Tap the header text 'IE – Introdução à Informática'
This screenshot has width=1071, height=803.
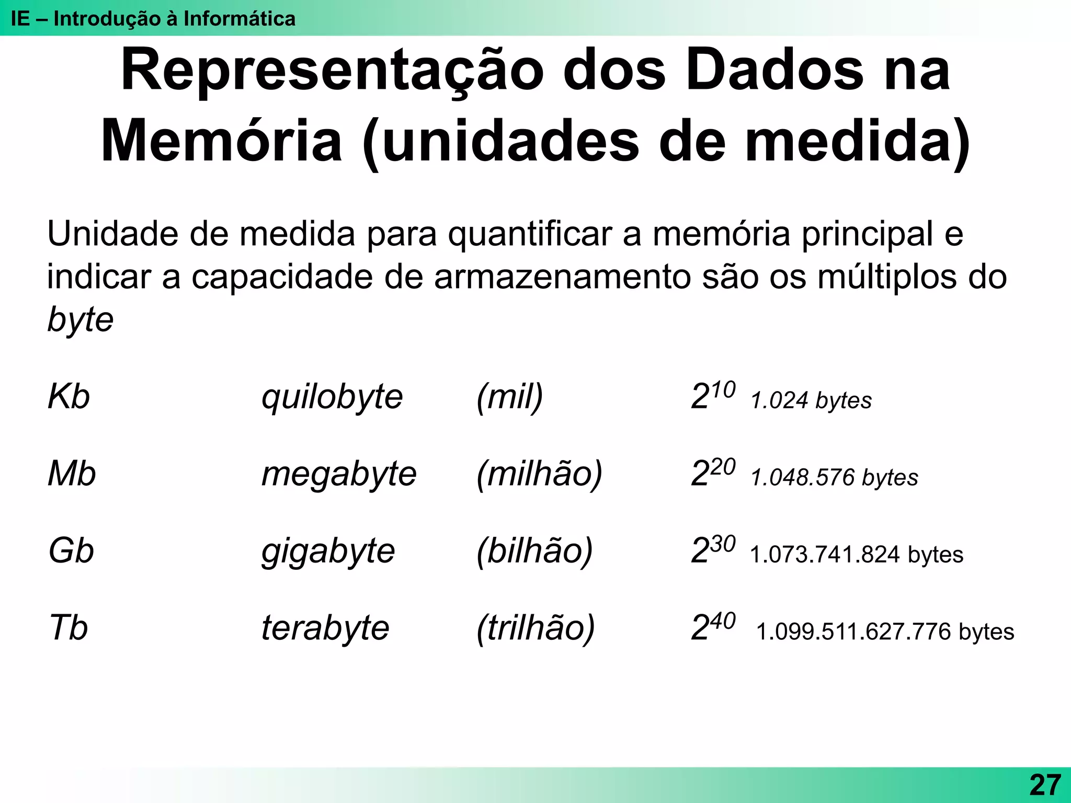(153, 19)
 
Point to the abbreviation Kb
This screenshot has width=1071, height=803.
(69, 396)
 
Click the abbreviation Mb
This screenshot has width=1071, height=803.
(72, 474)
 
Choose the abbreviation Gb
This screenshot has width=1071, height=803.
(71, 551)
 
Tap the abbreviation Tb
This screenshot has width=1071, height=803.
(69, 627)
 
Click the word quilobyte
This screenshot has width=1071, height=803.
(332, 397)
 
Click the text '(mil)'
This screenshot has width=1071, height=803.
(510, 397)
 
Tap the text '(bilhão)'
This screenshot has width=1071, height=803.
(534, 551)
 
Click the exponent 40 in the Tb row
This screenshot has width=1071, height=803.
(723, 621)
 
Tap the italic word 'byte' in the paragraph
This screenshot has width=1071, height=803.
(80, 319)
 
